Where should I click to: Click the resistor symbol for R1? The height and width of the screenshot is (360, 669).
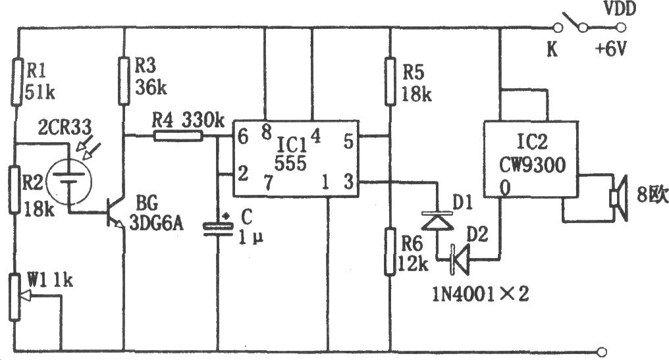(16, 82)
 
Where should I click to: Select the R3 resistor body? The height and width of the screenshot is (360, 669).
(124, 81)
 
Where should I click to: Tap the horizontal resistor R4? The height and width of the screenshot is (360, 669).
(178, 136)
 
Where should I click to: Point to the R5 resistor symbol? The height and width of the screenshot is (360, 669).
(390, 82)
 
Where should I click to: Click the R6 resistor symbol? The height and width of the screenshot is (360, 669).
(390, 251)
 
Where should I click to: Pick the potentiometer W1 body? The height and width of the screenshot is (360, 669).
(15, 297)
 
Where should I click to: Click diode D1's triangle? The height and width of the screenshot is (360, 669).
(437, 220)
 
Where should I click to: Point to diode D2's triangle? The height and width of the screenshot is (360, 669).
(460, 259)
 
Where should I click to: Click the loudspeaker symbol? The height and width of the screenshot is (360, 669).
(620, 198)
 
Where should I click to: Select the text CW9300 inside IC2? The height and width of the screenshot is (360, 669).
(533, 165)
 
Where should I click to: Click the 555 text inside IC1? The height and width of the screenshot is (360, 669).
(290, 163)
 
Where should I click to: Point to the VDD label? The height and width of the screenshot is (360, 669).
(620, 9)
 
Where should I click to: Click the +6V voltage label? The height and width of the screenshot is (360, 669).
(610, 50)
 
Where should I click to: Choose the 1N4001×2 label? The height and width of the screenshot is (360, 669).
(481, 294)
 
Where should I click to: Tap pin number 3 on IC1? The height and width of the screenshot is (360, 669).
(349, 182)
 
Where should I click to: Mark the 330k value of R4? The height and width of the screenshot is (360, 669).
(203, 120)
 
